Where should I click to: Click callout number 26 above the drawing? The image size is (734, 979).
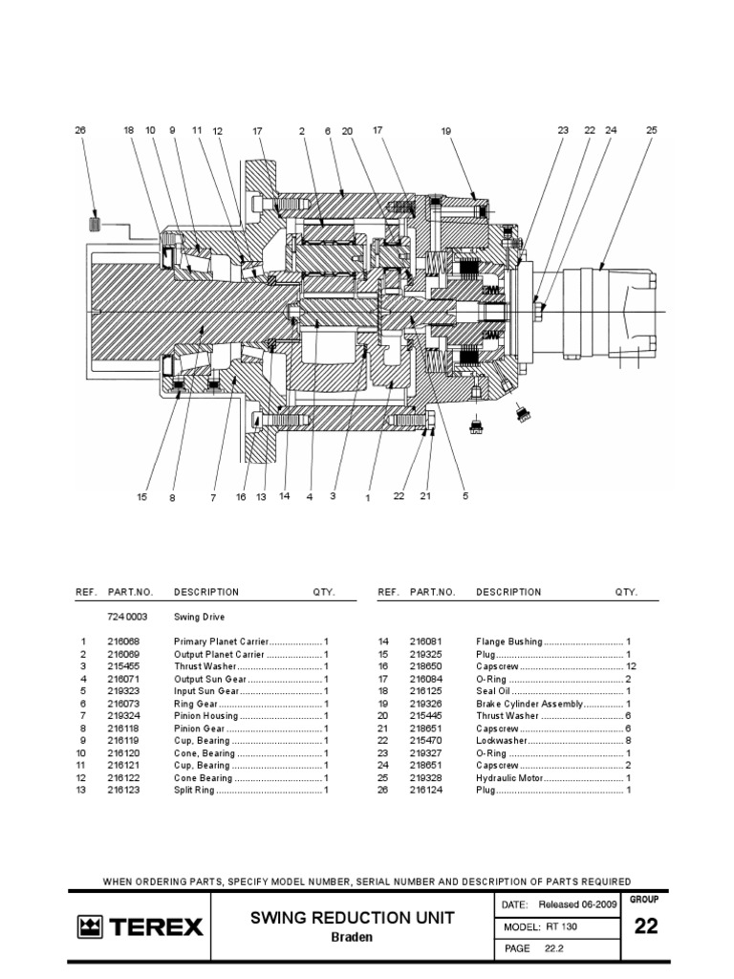tap(80, 130)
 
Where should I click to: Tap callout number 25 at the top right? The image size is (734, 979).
tap(652, 130)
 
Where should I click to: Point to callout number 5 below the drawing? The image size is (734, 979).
tap(465, 496)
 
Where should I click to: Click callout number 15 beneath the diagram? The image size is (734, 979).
tap(141, 496)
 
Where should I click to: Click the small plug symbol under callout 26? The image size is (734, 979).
tap(95, 224)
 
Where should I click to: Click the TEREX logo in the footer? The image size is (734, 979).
tap(140, 926)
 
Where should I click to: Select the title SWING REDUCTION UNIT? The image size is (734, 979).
tap(353, 919)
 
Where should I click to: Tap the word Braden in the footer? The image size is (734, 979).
tap(353, 938)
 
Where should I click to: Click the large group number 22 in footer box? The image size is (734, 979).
tap(646, 926)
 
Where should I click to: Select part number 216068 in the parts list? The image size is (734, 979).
tap(123, 642)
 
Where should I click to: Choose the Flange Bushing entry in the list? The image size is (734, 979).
tap(509, 642)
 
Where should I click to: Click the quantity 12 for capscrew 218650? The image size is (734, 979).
tap(630, 666)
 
